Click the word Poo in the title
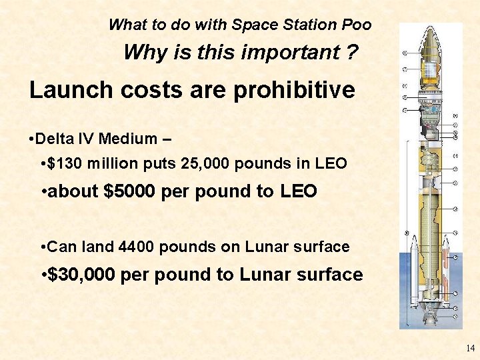(x=355, y=25)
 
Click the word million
(x=121, y=163)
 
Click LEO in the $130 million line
(x=331, y=163)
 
